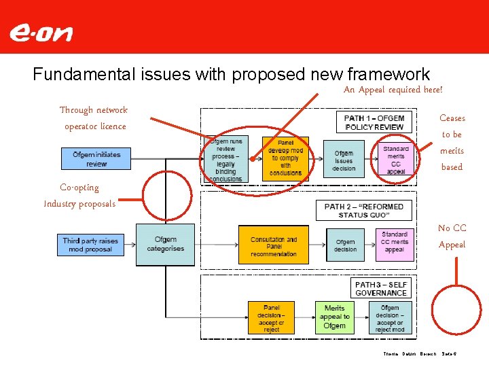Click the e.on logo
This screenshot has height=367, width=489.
pos(40,33)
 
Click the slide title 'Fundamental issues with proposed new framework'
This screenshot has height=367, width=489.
pos(231,74)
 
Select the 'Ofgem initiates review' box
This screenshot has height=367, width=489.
pos(96,159)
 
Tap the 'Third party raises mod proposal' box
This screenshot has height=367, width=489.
pos(91,245)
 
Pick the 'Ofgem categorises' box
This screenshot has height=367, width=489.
pos(165,244)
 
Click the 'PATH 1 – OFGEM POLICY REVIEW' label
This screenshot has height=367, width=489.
pos(374,123)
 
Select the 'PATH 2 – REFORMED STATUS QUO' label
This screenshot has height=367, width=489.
pos(363,210)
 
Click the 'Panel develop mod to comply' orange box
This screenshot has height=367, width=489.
pos(285,158)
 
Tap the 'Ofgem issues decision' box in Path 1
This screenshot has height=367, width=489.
pos(344,160)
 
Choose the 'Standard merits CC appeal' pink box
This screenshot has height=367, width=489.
pos(395,160)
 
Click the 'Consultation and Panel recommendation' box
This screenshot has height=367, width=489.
pos(273,246)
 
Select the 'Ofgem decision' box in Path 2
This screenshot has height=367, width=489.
pos(345,245)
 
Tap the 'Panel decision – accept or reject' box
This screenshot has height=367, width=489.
pos(271,317)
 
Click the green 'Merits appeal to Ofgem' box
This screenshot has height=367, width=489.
pos(334,317)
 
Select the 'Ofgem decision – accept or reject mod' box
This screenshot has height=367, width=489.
pos(390,317)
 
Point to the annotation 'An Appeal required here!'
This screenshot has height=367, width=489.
pos(393,90)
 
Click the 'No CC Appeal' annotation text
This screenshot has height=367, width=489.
pos(452,237)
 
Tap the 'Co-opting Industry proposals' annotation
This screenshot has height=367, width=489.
pos(79,196)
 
